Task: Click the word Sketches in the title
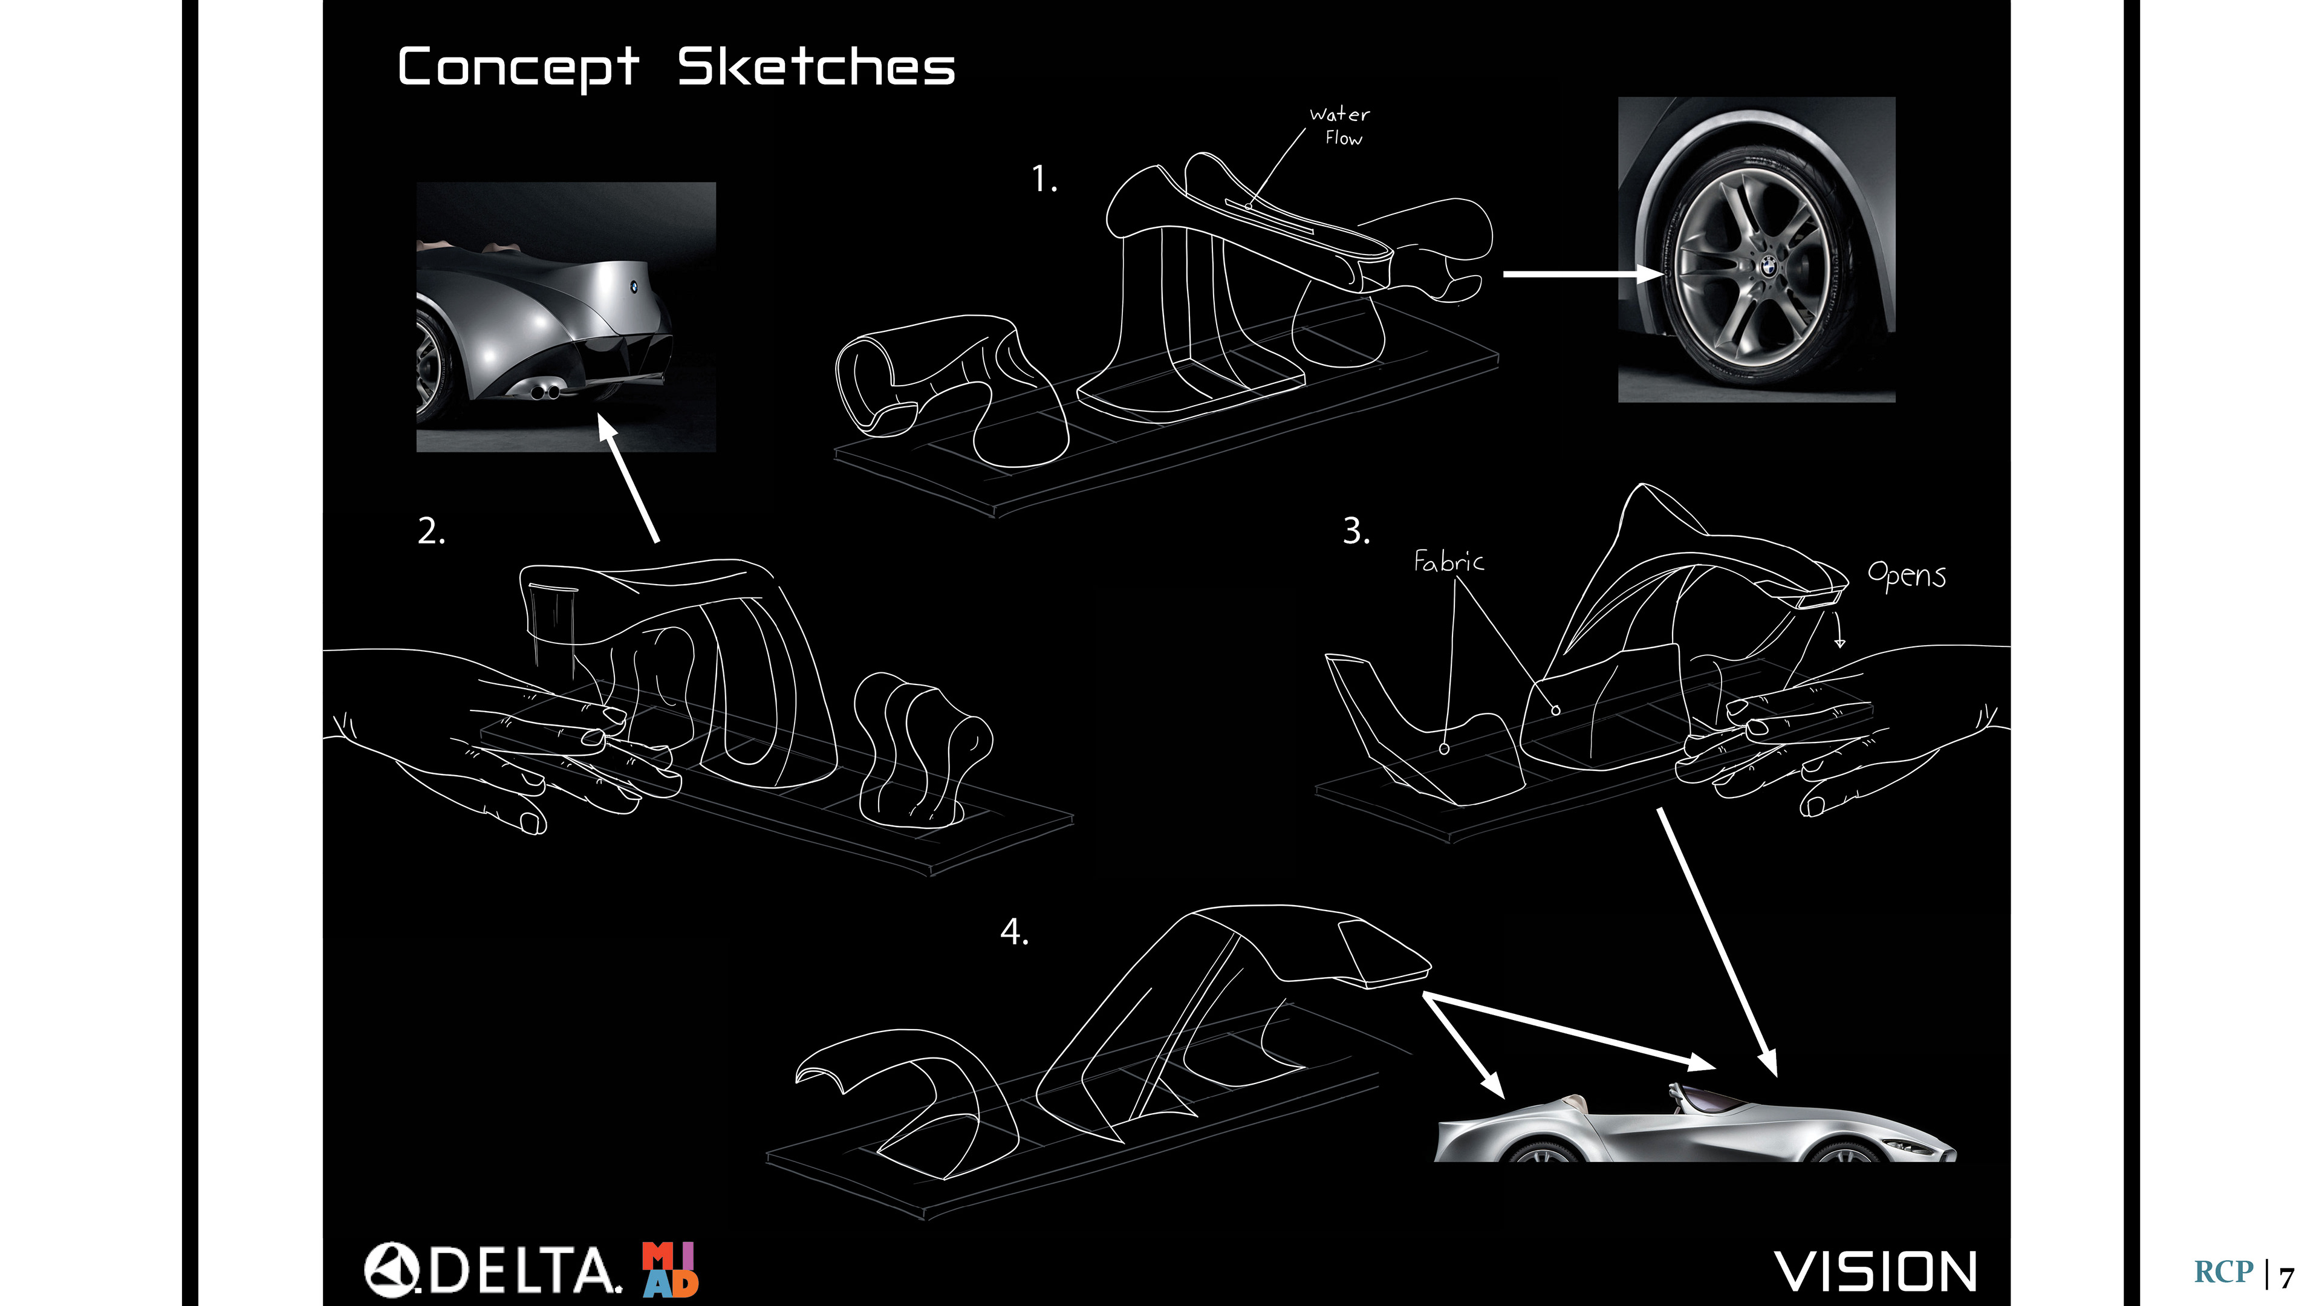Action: click(x=816, y=68)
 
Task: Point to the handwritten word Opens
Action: click(x=1905, y=575)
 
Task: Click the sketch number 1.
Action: click(x=1044, y=180)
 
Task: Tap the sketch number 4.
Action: click(x=1014, y=932)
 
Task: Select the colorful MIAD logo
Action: click(x=670, y=1269)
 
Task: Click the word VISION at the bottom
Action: click(x=1876, y=1272)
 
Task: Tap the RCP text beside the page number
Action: click(x=2223, y=1272)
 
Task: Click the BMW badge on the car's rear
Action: click(x=634, y=287)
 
